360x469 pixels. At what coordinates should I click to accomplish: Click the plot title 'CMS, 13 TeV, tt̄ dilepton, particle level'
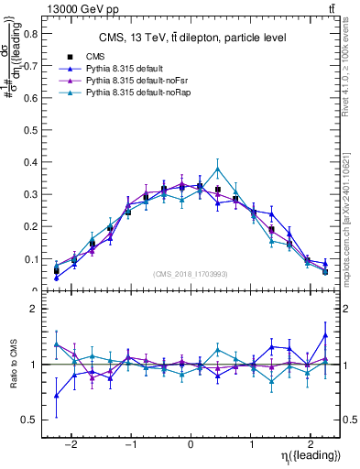click(192, 38)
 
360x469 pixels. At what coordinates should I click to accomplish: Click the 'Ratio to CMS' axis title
click(13, 364)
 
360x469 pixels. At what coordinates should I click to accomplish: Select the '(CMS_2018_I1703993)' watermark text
click(191, 274)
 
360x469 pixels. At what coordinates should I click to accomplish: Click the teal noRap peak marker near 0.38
click(217, 169)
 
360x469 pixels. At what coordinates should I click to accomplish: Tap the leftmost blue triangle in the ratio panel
click(56, 396)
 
